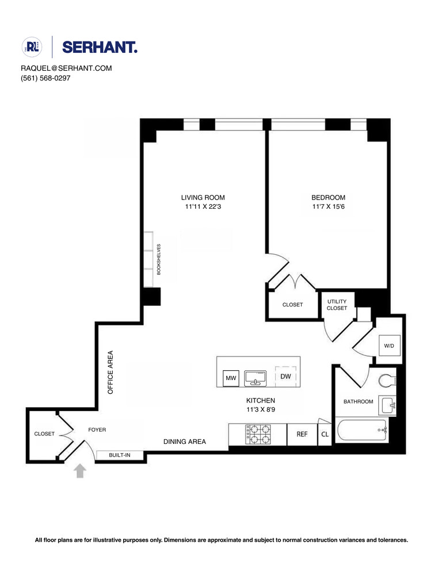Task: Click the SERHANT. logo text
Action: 99,47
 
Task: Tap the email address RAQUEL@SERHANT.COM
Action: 66,68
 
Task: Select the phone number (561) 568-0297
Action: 45,78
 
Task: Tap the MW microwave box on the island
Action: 231,378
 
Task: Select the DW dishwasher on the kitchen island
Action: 285,377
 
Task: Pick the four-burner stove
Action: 258,434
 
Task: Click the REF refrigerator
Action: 302,435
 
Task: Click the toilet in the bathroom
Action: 387,380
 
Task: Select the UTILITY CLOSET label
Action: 337,305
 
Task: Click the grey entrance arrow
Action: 80,471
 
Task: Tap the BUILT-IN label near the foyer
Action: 120,455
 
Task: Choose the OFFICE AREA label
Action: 111,371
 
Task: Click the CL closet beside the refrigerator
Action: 325,435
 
